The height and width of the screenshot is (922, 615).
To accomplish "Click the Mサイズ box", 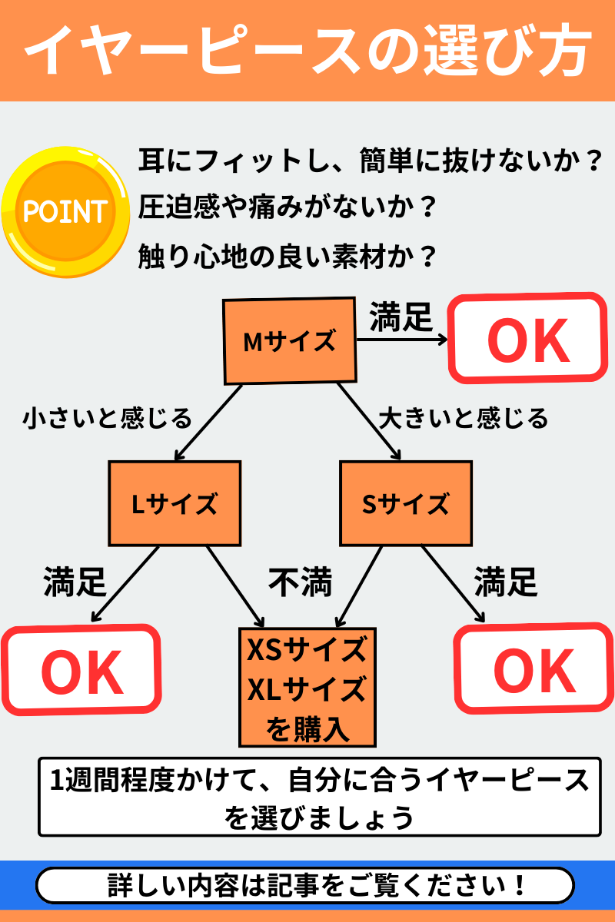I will click(290, 341).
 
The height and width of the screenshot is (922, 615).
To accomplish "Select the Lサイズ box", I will click(175, 504).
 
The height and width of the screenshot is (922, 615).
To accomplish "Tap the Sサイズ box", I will click(405, 504).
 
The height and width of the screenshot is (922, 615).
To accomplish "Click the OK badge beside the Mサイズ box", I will click(527, 338).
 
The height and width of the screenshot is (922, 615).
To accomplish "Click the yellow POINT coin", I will click(65, 211).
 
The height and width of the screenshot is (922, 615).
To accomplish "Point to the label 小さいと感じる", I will click(107, 419).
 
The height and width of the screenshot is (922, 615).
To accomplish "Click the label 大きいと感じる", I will click(464, 419).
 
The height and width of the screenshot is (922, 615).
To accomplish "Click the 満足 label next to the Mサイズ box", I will click(401, 317).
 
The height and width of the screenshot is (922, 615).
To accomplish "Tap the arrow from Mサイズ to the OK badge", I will click(402, 339).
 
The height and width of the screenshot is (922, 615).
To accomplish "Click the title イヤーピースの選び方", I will click(307, 51).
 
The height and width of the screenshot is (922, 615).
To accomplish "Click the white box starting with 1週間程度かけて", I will click(319, 798).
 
